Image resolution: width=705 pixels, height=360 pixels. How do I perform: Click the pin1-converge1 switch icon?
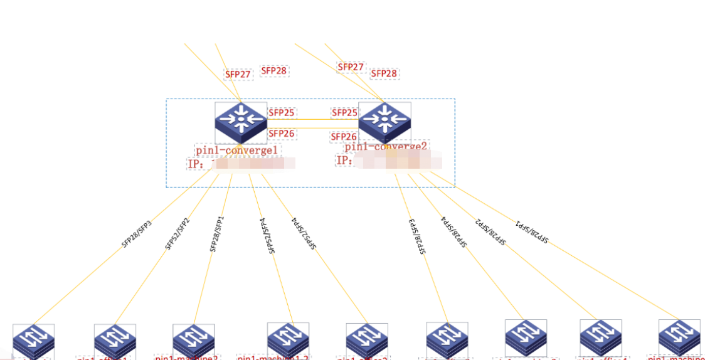(x=241, y=122)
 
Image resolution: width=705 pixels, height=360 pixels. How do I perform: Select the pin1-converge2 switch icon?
(x=384, y=122)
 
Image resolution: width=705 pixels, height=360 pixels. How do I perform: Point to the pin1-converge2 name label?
(x=386, y=147)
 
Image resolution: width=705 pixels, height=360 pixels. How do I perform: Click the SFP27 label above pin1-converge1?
(x=238, y=74)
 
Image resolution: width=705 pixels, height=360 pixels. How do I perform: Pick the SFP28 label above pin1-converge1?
(x=273, y=71)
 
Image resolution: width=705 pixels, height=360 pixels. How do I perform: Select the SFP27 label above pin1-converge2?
(x=351, y=67)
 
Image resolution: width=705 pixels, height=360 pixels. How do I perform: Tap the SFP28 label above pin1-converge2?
(x=384, y=73)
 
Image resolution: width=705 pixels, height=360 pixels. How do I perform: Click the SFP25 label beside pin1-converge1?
(x=282, y=113)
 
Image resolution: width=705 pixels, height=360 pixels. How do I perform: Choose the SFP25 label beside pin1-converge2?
(x=344, y=113)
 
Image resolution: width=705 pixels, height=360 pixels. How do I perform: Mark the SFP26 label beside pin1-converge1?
(x=282, y=133)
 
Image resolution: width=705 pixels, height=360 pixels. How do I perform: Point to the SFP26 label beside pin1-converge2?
(x=344, y=137)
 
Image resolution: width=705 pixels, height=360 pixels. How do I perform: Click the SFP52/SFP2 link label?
(x=177, y=234)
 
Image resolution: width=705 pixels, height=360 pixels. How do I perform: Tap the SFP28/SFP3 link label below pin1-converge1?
(x=137, y=235)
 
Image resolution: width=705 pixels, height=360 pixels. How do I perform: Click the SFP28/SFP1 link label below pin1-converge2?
(x=531, y=231)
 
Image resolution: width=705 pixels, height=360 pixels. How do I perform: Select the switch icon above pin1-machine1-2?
(x=288, y=339)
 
